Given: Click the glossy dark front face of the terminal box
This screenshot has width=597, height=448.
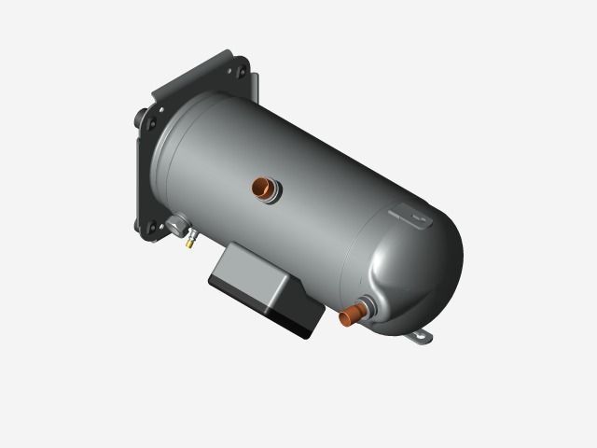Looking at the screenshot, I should pyautogui.click(x=266, y=309).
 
